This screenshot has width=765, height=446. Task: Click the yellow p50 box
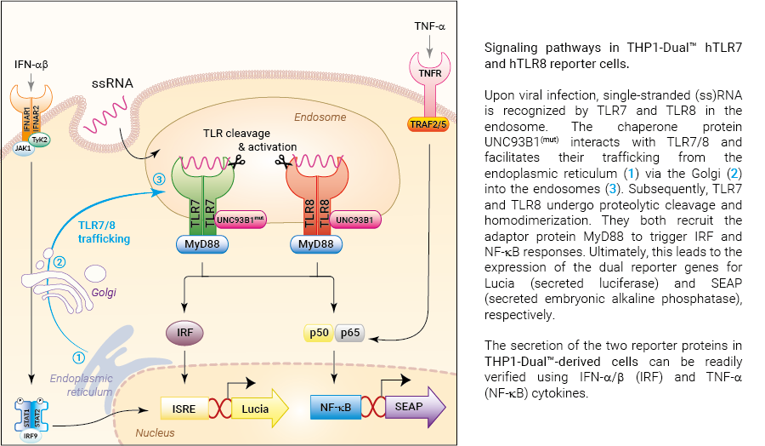coord(319,334)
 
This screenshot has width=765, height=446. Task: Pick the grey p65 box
coord(350,334)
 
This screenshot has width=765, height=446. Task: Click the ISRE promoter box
coord(185,410)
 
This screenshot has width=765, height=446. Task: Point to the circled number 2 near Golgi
coord(59,261)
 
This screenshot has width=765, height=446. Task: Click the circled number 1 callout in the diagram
coord(79,357)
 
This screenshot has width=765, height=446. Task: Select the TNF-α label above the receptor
coord(430,26)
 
